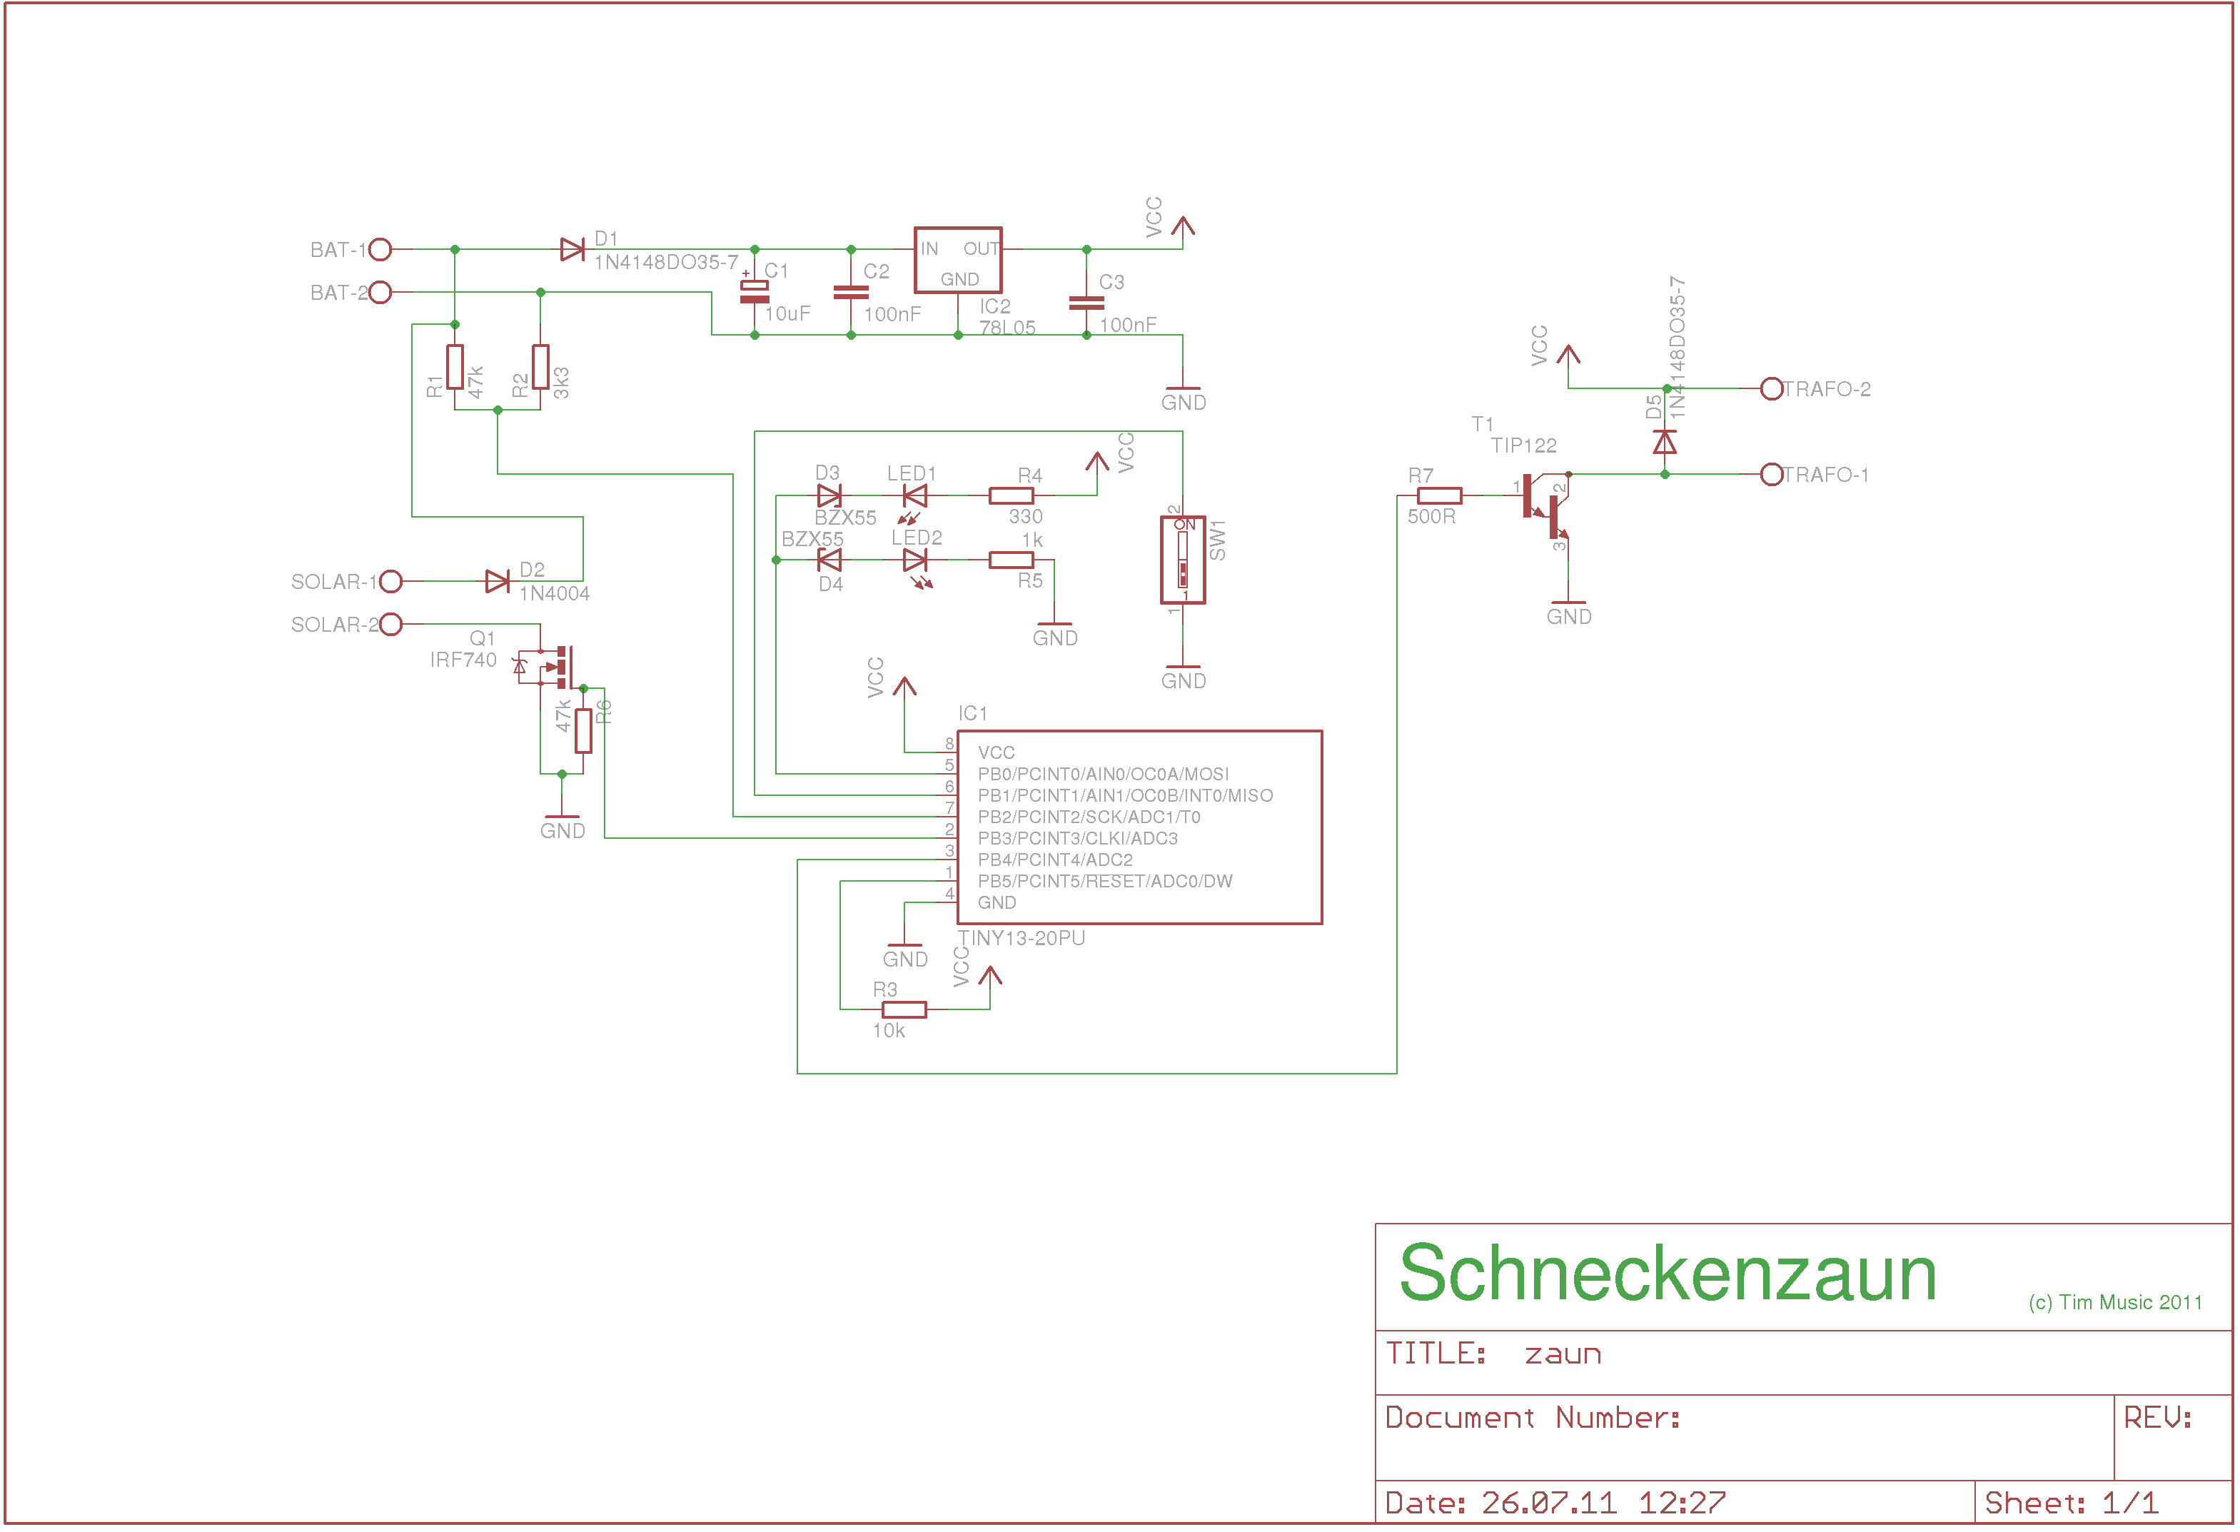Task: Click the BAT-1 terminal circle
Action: click(x=380, y=250)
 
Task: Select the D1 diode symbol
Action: click(x=572, y=250)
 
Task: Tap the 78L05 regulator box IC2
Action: click(x=958, y=261)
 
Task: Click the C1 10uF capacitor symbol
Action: click(x=755, y=292)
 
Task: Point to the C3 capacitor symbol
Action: click(x=1086, y=303)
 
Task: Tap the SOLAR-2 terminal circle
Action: click(x=390, y=625)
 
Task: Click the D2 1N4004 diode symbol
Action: click(x=498, y=581)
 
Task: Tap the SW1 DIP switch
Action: click(x=1183, y=560)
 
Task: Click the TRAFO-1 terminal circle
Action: click(x=1772, y=474)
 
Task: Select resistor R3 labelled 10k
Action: click(x=904, y=1009)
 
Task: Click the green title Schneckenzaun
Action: click(x=1668, y=1274)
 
